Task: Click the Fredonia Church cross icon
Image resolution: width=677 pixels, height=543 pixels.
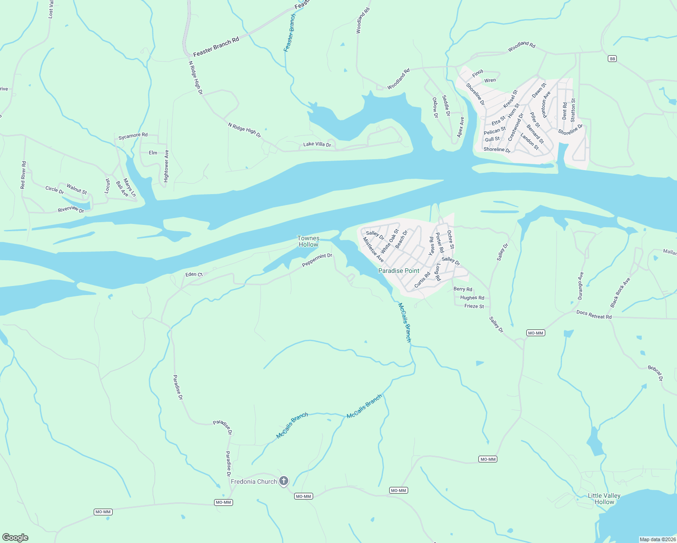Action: [284, 481]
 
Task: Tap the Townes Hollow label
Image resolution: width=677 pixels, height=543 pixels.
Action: [308, 241]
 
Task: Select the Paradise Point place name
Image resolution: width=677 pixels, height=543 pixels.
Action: [399, 271]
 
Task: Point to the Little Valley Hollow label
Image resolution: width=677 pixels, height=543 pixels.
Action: [604, 499]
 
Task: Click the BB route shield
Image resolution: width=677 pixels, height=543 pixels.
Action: [613, 59]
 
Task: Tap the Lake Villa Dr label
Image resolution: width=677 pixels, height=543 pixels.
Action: [317, 145]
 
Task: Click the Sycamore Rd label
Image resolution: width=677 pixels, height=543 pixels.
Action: [133, 136]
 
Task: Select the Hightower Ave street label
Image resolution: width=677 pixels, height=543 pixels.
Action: [166, 167]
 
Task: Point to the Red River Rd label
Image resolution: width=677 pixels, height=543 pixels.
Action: [24, 175]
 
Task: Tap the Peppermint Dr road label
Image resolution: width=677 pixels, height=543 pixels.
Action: [317, 259]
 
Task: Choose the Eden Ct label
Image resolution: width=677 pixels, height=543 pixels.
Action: [194, 274]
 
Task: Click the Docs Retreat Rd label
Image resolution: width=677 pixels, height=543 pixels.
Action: [594, 315]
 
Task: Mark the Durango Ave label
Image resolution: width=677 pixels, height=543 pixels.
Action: [581, 286]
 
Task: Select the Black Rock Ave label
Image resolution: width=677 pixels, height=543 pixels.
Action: [620, 293]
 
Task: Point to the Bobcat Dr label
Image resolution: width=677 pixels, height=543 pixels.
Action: [655, 373]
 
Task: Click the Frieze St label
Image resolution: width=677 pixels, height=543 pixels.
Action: [474, 306]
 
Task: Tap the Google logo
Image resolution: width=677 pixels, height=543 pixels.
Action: [15, 538]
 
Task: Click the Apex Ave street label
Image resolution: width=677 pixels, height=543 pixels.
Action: [461, 127]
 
